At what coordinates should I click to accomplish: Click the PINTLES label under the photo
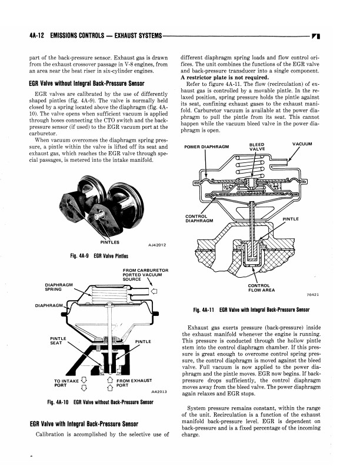click(110, 242)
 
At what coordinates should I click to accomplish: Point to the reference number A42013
click(159, 391)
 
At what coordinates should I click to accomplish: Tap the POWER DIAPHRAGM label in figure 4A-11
click(206, 147)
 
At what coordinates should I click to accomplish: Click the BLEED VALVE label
click(257, 147)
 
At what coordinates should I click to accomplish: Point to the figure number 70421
click(313, 295)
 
